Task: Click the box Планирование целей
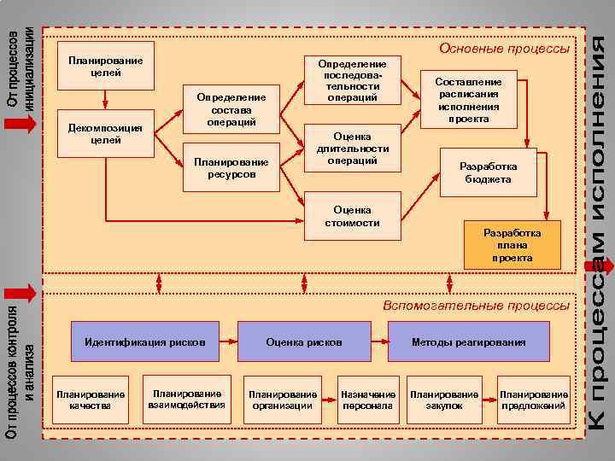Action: click(x=105, y=66)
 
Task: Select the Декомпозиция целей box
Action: click(x=105, y=133)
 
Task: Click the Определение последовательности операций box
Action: click(x=352, y=80)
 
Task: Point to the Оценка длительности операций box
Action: click(x=352, y=148)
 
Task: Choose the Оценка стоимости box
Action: click(x=352, y=215)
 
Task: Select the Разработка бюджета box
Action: click(x=485, y=172)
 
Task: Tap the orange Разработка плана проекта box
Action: click(x=512, y=245)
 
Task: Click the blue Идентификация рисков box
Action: click(x=145, y=341)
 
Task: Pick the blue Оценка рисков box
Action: click(x=304, y=341)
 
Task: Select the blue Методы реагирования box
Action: click(x=468, y=341)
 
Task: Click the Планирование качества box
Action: click(x=90, y=400)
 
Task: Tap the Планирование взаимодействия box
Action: click(x=186, y=399)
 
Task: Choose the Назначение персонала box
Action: click(x=368, y=400)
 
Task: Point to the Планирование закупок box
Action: click(x=445, y=400)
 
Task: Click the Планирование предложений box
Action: click(x=534, y=400)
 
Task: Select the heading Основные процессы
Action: click(x=504, y=49)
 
